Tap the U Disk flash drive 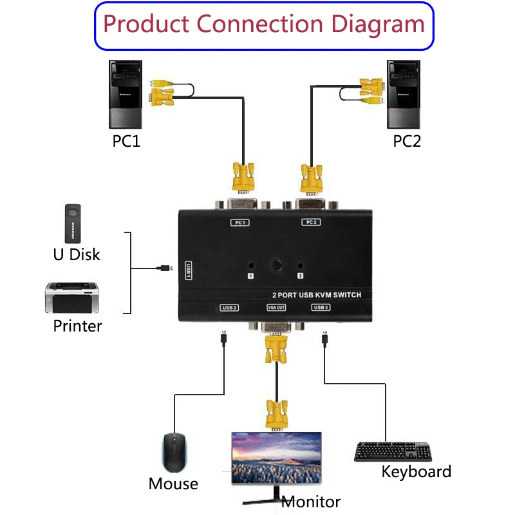click(74, 222)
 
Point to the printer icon click(72, 297)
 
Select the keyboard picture click(393, 451)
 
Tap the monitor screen click(276, 460)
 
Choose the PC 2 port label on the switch click(311, 223)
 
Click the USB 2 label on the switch click(229, 307)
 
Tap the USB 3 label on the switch click(321, 307)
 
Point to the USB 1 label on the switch click(189, 270)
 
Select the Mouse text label click(173, 483)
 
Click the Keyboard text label click(416, 472)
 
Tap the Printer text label click(77, 326)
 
